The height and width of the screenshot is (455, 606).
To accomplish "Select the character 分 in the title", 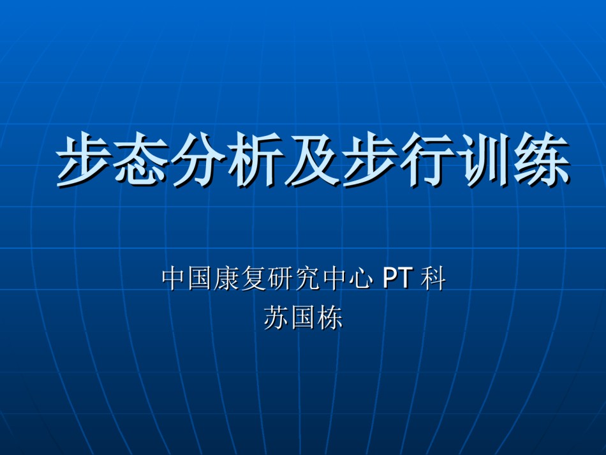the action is pos(200,159).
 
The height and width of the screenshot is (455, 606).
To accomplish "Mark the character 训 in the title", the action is pos(485,159).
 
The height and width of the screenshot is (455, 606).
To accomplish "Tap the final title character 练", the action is pos(542,159).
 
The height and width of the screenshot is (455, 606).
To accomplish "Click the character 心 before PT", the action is pos(361,278).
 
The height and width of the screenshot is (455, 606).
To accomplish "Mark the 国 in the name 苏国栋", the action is pos(304,318).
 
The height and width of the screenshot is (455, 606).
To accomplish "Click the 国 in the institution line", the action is pos(201,278).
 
